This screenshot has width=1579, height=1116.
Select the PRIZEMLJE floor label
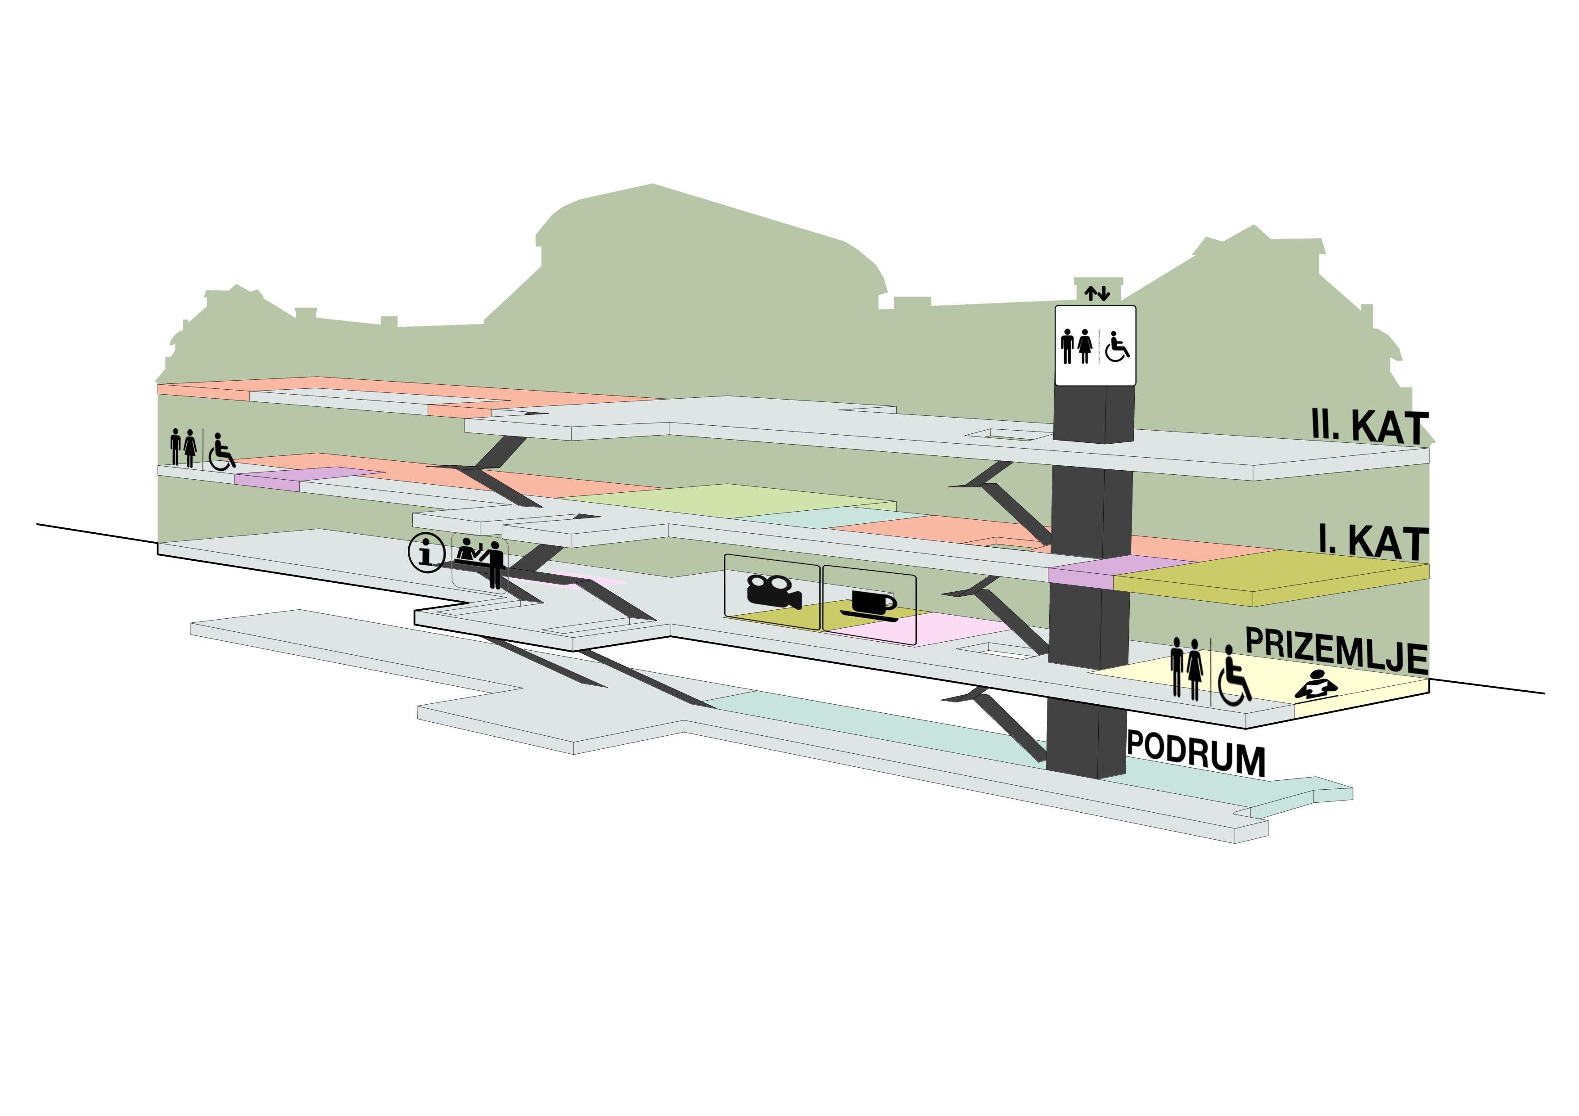tap(1336, 650)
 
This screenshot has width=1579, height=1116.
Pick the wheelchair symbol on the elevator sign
tap(1117, 346)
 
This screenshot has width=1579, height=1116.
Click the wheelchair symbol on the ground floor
tap(1235, 675)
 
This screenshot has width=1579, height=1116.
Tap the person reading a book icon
tap(1316, 684)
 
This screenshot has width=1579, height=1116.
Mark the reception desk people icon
tap(480, 562)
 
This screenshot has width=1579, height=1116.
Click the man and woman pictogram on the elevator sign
tap(1076, 346)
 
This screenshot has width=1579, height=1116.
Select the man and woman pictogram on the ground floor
tap(1187, 667)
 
